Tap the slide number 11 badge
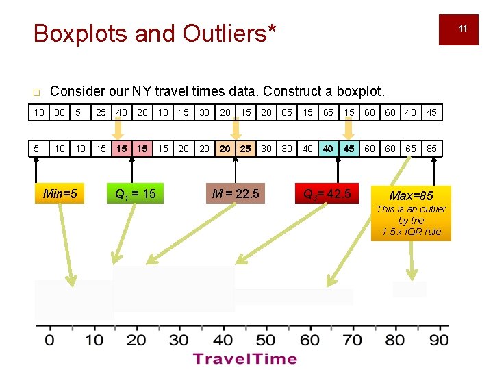(x=463, y=29)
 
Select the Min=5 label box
(x=60, y=194)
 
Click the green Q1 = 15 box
(x=135, y=194)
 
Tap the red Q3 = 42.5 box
(x=327, y=195)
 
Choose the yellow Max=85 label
(x=412, y=196)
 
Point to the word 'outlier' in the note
(x=431, y=209)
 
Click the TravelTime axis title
(x=245, y=358)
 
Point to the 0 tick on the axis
(x=49, y=340)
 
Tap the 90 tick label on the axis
(x=439, y=340)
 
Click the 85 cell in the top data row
(x=287, y=112)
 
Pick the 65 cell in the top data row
(x=329, y=112)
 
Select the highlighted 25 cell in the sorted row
(x=245, y=149)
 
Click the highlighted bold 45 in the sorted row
(x=349, y=149)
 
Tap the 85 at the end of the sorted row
(x=431, y=149)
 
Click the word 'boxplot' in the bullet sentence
(x=362, y=91)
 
